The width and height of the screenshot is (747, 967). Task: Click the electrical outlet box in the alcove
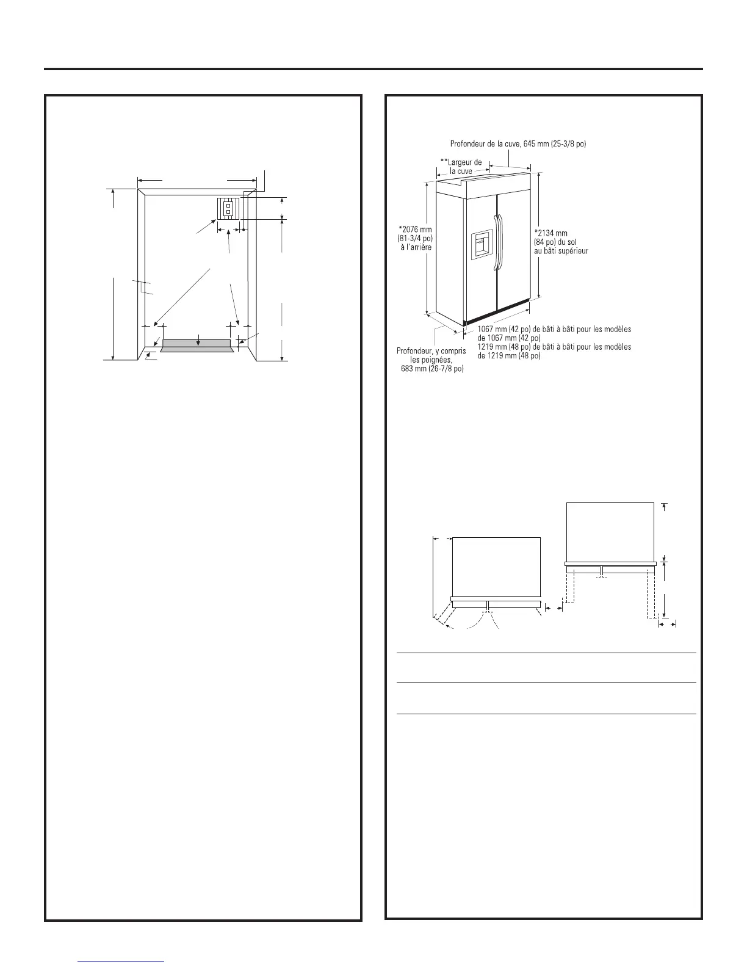coord(227,208)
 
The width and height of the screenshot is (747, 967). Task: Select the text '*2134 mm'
coord(550,233)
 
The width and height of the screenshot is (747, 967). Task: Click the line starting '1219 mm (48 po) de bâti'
coord(554,347)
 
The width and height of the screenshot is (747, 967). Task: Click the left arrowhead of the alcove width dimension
coord(140,181)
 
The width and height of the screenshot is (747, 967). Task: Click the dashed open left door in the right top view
coord(570,587)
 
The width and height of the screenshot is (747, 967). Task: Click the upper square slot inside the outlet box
coord(227,206)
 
